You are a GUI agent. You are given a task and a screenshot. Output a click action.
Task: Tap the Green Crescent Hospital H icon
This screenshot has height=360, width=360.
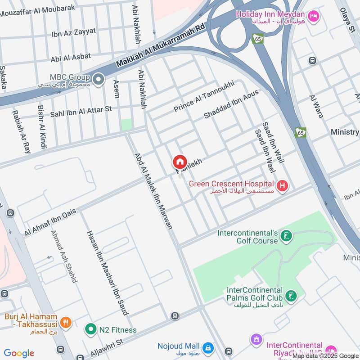pyautogui.click(x=283, y=185)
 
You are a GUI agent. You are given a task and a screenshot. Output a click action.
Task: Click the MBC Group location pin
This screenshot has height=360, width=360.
pyautogui.click(x=99, y=80)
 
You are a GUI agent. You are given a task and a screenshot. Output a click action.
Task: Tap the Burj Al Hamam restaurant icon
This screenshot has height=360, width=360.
pyautogui.click(x=66, y=322)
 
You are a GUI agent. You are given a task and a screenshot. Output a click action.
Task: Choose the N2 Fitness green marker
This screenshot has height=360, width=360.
pyautogui.click(x=91, y=330)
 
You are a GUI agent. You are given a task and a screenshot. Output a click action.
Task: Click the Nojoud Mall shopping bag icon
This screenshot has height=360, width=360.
pyautogui.click(x=208, y=347)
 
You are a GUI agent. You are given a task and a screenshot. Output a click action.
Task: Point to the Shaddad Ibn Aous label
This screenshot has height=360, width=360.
pyautogui.click(x=231, y=104)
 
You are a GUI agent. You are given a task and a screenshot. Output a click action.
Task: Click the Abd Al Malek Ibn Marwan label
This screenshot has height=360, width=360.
pyautogui.click(x=153, y=191)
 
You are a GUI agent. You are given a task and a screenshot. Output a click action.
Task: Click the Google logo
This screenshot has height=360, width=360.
pyautogui.click(x=19, y=353)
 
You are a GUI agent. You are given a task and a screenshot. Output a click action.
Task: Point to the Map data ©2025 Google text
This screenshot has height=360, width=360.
pyautogui.click(x=325, y=356)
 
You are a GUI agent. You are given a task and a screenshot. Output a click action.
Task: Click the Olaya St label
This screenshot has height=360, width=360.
pyautogui.click(x=347, y=17)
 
